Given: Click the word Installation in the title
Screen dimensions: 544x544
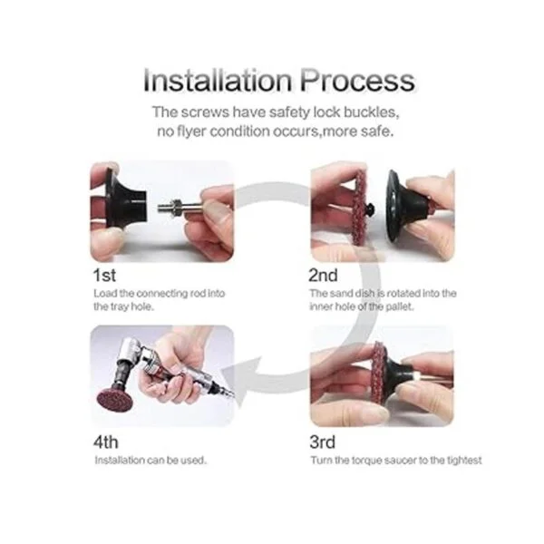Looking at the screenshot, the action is pyautogui.click(x=218, y=80).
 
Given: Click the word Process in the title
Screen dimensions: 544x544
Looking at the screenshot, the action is pyautogui.click(x=357, y=80).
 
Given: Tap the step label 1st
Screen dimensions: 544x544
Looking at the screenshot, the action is pyautogui.click(x=104, y=276).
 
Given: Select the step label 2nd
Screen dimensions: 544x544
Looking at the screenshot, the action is pyautogui.click(x=323, y=276).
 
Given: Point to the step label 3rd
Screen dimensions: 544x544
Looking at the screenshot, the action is pyautogui.click(x=322, y=442).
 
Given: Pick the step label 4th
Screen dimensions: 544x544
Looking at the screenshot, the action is pyautogui.click(x=106, y=442).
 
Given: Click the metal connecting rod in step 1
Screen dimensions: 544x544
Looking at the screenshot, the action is pyautogui.click(x=180, y=209).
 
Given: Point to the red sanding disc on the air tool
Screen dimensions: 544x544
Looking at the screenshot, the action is pyautogui.click(x=115, y=400).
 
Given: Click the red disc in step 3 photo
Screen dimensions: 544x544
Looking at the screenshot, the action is pyautogui.click(x=380, y=374).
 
